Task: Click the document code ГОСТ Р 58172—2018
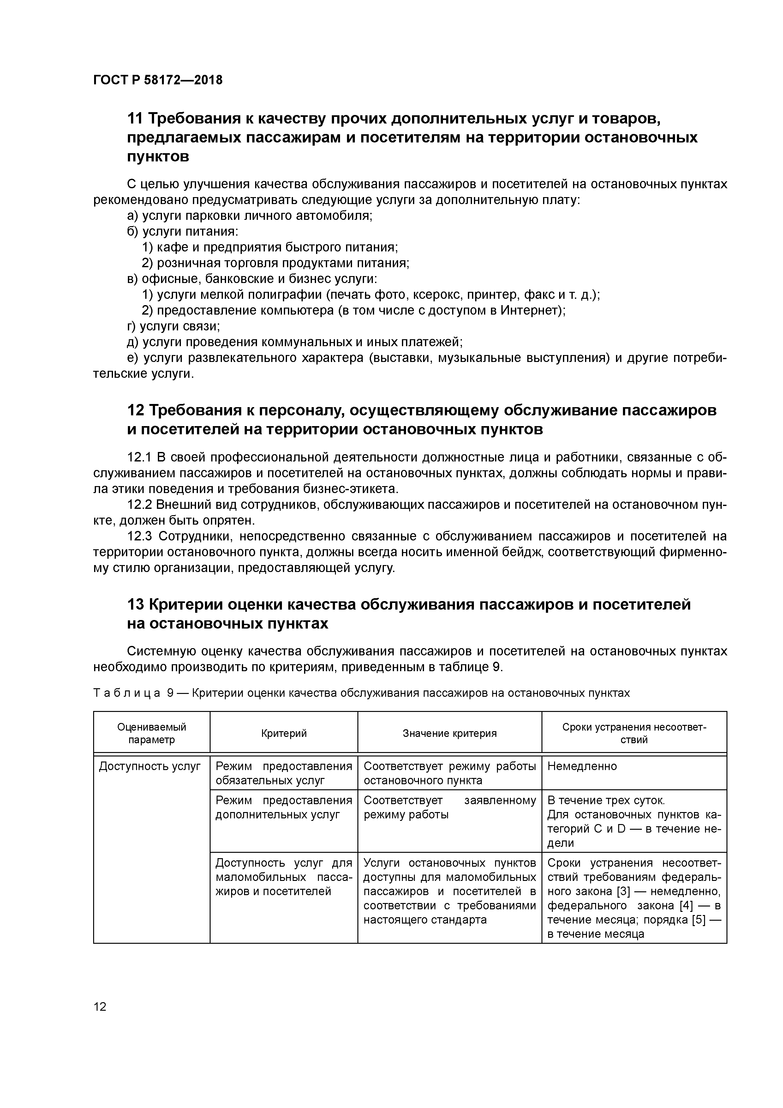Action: tap(158, 80)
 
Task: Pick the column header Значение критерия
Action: tap(449, 733)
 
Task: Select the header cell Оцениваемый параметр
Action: tap(152, 733)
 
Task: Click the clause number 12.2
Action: tap(140, 505)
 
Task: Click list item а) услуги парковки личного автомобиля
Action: tap(250, 216)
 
